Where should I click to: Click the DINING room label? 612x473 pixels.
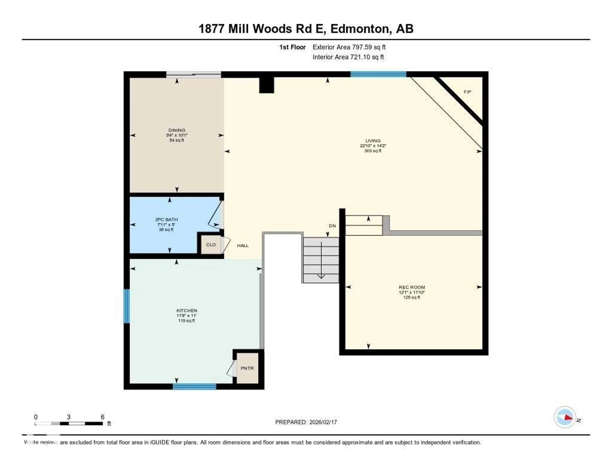point(177,130)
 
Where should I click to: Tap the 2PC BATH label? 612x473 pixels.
point(166,220)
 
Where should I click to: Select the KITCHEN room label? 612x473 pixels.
point(187,310)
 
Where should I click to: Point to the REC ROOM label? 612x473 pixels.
point(412,287)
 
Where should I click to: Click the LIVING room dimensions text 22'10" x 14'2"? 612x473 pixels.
point(373,146)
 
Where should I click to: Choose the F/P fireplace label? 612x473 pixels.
point(467,92)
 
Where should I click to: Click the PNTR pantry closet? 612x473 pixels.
point(247,368)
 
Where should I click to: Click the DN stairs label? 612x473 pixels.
point(332,226)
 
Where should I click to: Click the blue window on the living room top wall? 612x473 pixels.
point(378,74)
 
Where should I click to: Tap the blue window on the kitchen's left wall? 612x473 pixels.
point(127,306)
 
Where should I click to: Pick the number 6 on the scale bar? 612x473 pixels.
point(103,417)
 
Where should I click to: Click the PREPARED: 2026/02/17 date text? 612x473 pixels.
point(306,422)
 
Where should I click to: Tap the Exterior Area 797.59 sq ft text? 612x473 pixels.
point(349,47)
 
